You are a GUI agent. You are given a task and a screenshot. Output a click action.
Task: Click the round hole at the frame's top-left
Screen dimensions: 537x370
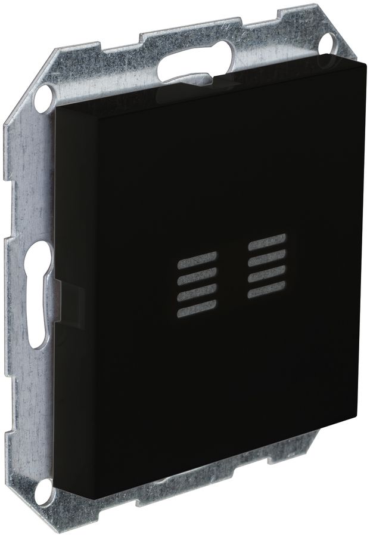pyautogui.click(x=44, y=95)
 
